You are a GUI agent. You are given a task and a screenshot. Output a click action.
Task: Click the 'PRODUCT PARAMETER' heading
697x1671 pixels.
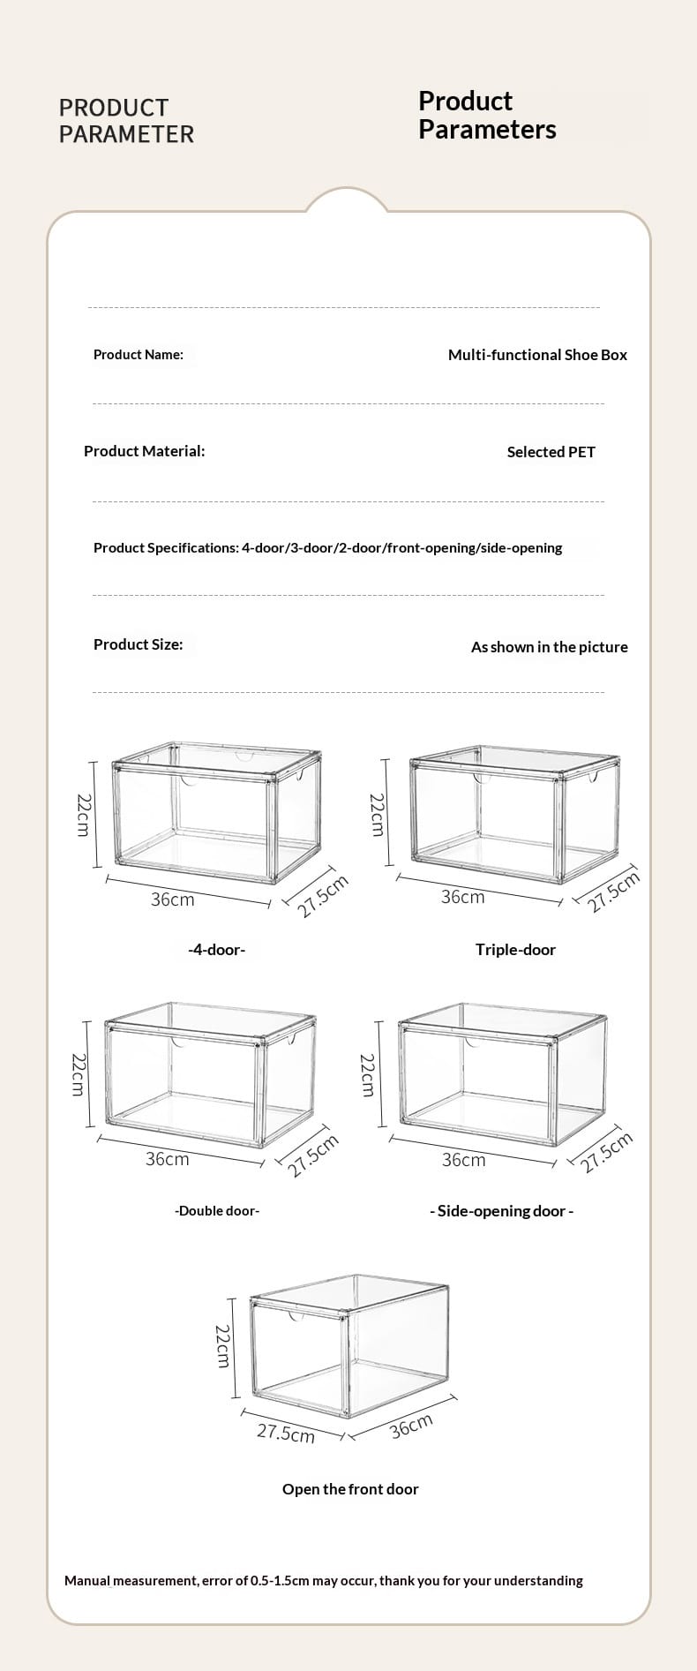click(126, 121)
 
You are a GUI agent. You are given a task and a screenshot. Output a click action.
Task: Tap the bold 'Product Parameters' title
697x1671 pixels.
click(487, 115)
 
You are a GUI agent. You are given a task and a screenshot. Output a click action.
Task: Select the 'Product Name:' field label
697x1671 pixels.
click(139, 355)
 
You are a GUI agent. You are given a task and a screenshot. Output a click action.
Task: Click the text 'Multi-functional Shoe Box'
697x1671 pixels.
click(537, 355)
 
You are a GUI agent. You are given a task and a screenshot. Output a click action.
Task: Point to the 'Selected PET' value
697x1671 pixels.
click(551, 452)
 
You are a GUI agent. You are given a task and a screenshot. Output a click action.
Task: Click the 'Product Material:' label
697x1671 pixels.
click(144, 451)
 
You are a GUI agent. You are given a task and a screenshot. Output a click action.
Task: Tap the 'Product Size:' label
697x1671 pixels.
click(139, 644)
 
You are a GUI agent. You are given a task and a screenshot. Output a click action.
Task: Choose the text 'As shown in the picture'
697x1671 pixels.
click(550, 647)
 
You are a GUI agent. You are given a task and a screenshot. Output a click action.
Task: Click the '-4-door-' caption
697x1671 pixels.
click(217, 950)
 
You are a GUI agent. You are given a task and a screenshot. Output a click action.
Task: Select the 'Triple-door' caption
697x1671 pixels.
click(515, 950)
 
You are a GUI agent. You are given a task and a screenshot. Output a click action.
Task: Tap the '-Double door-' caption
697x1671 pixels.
click(217, 1211)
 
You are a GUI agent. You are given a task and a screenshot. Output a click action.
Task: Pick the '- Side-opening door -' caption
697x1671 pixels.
click(501, 1211)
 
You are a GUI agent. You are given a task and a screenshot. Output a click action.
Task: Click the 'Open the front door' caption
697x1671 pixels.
click(350, 1489)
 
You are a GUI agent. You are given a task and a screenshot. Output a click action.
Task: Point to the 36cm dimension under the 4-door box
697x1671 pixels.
click(172, 899)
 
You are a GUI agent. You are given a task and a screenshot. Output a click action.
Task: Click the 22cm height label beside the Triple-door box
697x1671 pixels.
click(377, 815)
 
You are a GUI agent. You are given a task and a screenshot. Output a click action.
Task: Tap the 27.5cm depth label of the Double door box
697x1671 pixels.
click(313, 1156)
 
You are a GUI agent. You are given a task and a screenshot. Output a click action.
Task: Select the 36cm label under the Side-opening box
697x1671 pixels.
click(463, 1160)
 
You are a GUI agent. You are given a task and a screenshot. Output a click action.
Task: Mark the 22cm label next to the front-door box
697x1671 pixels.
click(223, 1346)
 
